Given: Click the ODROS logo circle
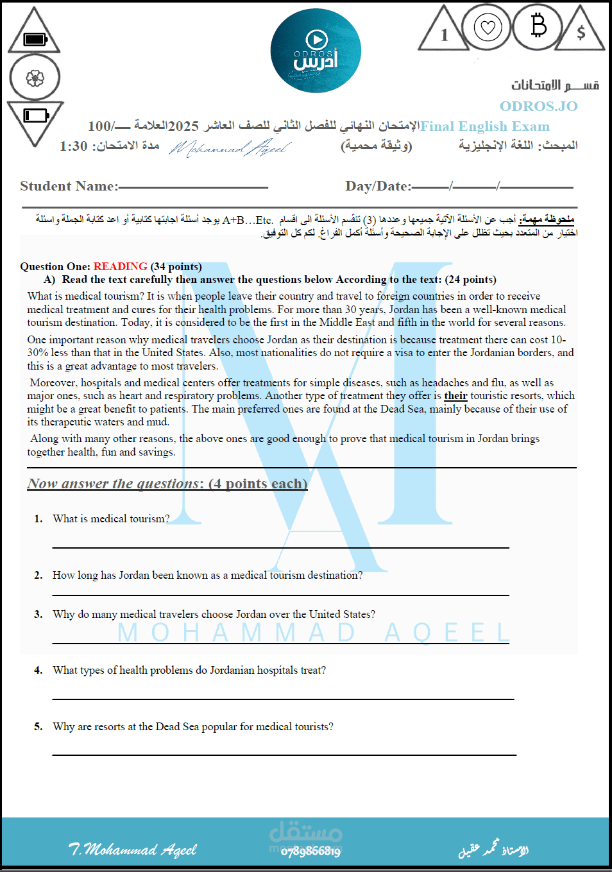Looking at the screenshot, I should coord(316,51).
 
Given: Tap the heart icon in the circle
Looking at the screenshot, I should coord(488,28).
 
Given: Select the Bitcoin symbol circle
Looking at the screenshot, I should coord(538,26).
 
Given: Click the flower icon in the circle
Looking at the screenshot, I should coord(35,78).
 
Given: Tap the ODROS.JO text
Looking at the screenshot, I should coord(538,106).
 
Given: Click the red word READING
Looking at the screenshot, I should coord(120,266).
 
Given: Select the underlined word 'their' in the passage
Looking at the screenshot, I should coord(455,396).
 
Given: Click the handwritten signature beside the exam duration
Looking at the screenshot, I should coord(229,148).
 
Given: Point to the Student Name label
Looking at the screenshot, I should coord(69,186).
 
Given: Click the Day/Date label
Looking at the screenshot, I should coord(378,186).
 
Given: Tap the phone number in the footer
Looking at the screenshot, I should coord(310,851).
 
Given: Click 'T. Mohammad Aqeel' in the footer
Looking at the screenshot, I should coord(133,850).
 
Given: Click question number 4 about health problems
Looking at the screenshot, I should coord(189,671).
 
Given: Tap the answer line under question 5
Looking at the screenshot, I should coord(284,755).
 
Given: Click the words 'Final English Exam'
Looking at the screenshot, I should coord(485,126).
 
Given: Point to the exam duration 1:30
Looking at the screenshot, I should coord(74,146).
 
